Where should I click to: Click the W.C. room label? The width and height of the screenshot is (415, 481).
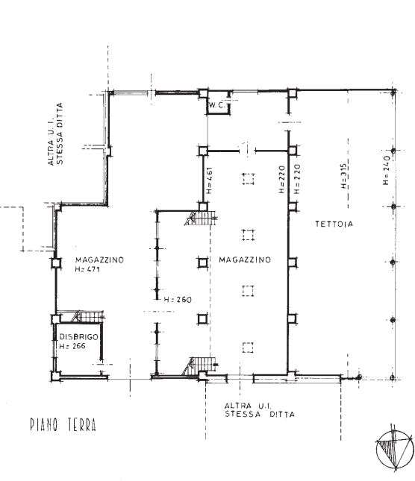pyautogui.click(x=217, y=105)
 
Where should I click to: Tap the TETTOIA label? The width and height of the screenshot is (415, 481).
pyautogui.click(x=334, y=224)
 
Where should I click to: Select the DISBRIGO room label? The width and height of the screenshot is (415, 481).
pyautogui.click(x=78, y=336)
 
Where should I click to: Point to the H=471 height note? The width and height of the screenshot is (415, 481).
pyautogui.click(x=87, y=269)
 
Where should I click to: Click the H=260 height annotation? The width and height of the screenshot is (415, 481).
pyautogui.click(x=178, y=299)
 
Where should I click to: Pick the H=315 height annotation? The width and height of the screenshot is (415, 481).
pyautogui.click(x=343, y=176)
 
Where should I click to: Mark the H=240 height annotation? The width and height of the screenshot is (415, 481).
pyautogui.click(x=387, y=170)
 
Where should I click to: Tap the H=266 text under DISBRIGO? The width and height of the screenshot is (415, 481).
pyautogui.click(x=72, y=346)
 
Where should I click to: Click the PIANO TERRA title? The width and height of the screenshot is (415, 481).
pyautogui.click(x=63, y=425)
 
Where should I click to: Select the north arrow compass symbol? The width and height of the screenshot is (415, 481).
pyautogui.click(x=394, y=448)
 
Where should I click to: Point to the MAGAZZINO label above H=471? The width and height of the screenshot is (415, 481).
pyautogui.click(x=99, y=260)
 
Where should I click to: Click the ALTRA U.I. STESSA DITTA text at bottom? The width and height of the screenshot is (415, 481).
pyautogui.click(x=260, y=410)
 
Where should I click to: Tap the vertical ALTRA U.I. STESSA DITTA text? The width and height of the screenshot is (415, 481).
pyautogui.click(x=55, y=134)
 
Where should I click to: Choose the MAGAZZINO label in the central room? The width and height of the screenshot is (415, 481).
pyautogui.click(x=245, y=260)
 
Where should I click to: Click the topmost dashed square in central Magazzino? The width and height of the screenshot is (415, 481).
pyautogui.click(x=249, y=178)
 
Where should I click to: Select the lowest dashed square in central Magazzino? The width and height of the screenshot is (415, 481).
pyautogui.click(x=248, y=348)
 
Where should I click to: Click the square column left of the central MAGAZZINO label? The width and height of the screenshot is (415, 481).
pyautogui.click(x=202, y=263)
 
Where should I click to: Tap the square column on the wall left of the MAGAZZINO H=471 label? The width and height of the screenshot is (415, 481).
pyautogui.click(x=56, y=263)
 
